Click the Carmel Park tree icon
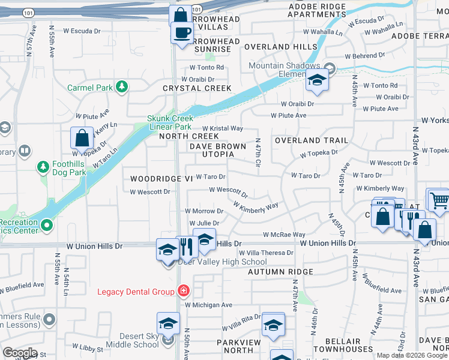pos(122,87)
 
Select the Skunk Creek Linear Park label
pos(170,122)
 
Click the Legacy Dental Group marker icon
pos(183,292)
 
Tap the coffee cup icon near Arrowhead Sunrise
pos(182,32)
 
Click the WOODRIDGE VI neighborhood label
pos(155,179)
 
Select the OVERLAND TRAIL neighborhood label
pos(311,140)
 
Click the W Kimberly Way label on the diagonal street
pos(256,206)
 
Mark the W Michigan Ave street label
pos(208,305)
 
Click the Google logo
pos(20,353)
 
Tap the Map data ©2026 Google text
pos(412,355)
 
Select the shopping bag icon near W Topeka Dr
pos(81,138)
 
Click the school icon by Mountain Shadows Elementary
pos(316,80)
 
